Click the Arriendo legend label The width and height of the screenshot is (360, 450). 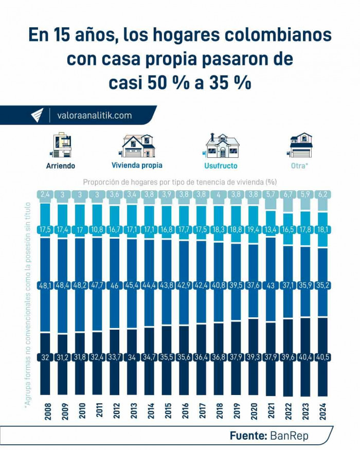[x=61, y=166]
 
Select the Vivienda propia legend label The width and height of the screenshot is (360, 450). [x=137, y=166]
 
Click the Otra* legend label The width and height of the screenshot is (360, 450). [x=300, y=166]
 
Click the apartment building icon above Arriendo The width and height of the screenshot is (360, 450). [x=62, y=145]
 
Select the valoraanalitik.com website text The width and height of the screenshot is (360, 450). [x=94, y=116]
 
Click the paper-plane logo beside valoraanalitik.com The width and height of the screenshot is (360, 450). [x=38, y=116]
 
